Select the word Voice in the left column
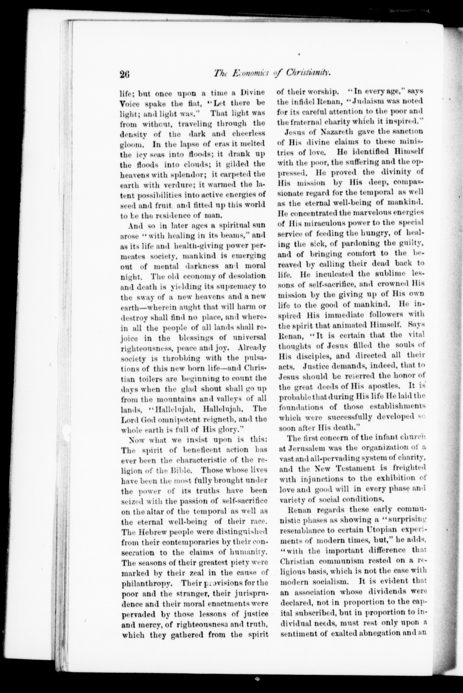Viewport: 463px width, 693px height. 130,103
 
